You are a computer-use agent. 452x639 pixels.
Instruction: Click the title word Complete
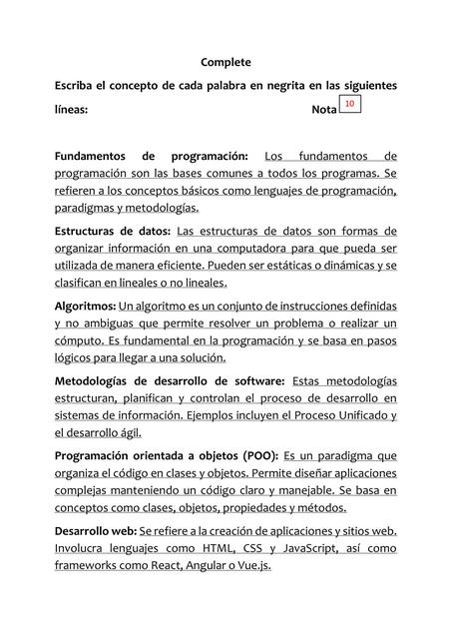coord(225,62)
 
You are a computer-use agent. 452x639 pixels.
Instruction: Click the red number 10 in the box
coord(348,104)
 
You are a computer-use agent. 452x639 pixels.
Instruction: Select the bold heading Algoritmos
coord(85,306)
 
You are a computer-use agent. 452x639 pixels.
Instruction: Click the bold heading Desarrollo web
coord(95,530)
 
